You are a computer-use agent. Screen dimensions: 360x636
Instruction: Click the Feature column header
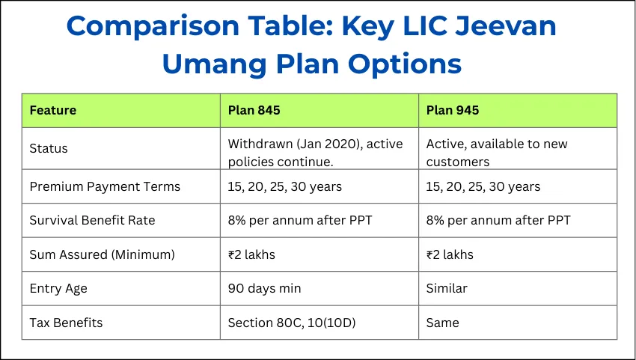click(52, 111)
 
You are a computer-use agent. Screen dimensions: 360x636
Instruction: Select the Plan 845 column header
click(254, 111)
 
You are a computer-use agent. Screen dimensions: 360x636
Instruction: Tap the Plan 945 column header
click(453, 111)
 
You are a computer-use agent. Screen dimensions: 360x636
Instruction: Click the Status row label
click(49, 148)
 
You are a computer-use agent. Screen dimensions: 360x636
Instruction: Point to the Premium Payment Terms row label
click(105, 186)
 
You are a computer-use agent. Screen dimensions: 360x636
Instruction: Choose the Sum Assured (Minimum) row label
click(102, 254)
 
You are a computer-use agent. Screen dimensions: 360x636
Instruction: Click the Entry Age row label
click(57, 288)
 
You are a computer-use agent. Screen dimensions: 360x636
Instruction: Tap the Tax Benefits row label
click(66, 323)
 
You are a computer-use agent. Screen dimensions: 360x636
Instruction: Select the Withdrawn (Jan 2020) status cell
click(315, 152)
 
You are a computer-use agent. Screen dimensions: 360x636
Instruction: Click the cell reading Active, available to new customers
click(497, 152)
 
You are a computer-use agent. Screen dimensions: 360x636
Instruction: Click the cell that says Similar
click(447, 288)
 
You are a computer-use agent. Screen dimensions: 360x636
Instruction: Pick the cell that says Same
click(443, 323)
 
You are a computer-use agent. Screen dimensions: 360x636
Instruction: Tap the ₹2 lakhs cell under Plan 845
click(251, 254)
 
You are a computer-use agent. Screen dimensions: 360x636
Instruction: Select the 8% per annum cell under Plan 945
click(498, 220)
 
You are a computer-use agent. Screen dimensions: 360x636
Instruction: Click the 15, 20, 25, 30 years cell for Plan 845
click(284, 186)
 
